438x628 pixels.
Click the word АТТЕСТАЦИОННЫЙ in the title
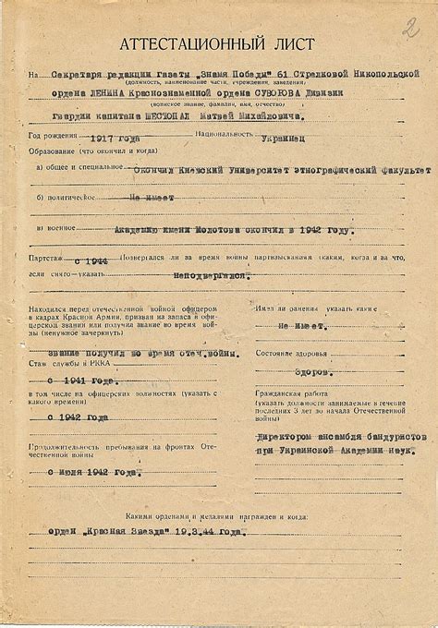(x=189, y=45)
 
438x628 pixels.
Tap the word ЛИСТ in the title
(x=293, y=44)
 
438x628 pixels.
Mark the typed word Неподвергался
(x=213, y=275)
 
